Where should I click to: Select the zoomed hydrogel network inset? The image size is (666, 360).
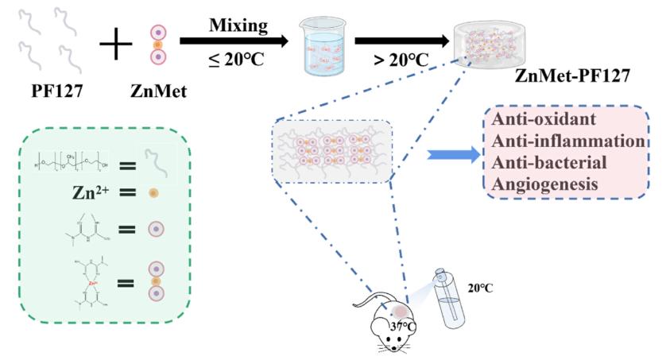331,152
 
